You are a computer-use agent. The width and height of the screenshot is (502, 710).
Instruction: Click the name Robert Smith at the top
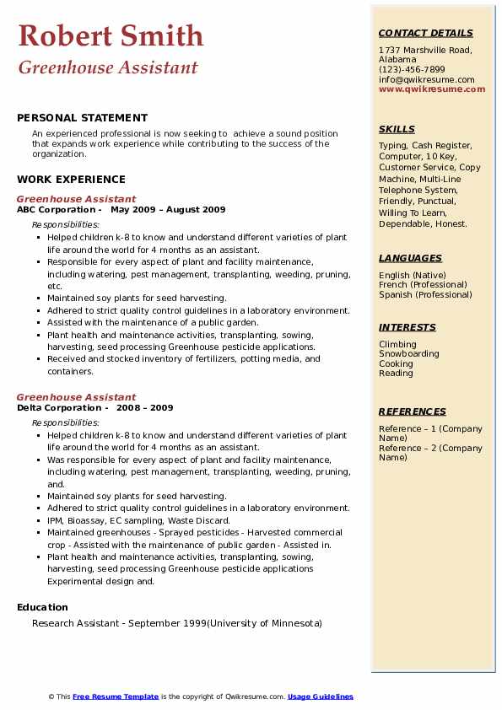(110, 35)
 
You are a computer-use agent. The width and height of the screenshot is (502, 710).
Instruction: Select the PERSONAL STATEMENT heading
(82, 118)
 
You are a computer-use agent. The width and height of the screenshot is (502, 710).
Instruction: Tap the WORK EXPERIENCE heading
(71, 179)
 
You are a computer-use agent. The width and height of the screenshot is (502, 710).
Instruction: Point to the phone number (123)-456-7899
(412, 70)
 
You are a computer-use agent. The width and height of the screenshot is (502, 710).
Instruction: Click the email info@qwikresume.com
(426, 79)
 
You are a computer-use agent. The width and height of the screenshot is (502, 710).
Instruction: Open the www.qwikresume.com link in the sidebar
(432, 89)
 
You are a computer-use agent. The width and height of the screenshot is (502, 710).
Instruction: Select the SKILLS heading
(397, 129)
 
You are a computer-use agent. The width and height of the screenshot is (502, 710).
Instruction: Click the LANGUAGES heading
(410, 258)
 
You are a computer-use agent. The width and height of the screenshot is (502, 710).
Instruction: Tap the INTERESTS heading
(408, 327)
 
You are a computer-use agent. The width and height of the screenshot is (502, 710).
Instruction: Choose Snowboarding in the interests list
(409, 354)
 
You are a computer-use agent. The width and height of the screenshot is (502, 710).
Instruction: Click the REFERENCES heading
(413, 411)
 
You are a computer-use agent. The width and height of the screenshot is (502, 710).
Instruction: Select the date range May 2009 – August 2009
(168, 209)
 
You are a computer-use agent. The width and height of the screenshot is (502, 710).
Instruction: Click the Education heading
(42, 607)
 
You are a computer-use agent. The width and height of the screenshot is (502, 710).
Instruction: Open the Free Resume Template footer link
(116, 697)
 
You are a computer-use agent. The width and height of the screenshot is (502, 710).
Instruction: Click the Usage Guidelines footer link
(320, 697)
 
